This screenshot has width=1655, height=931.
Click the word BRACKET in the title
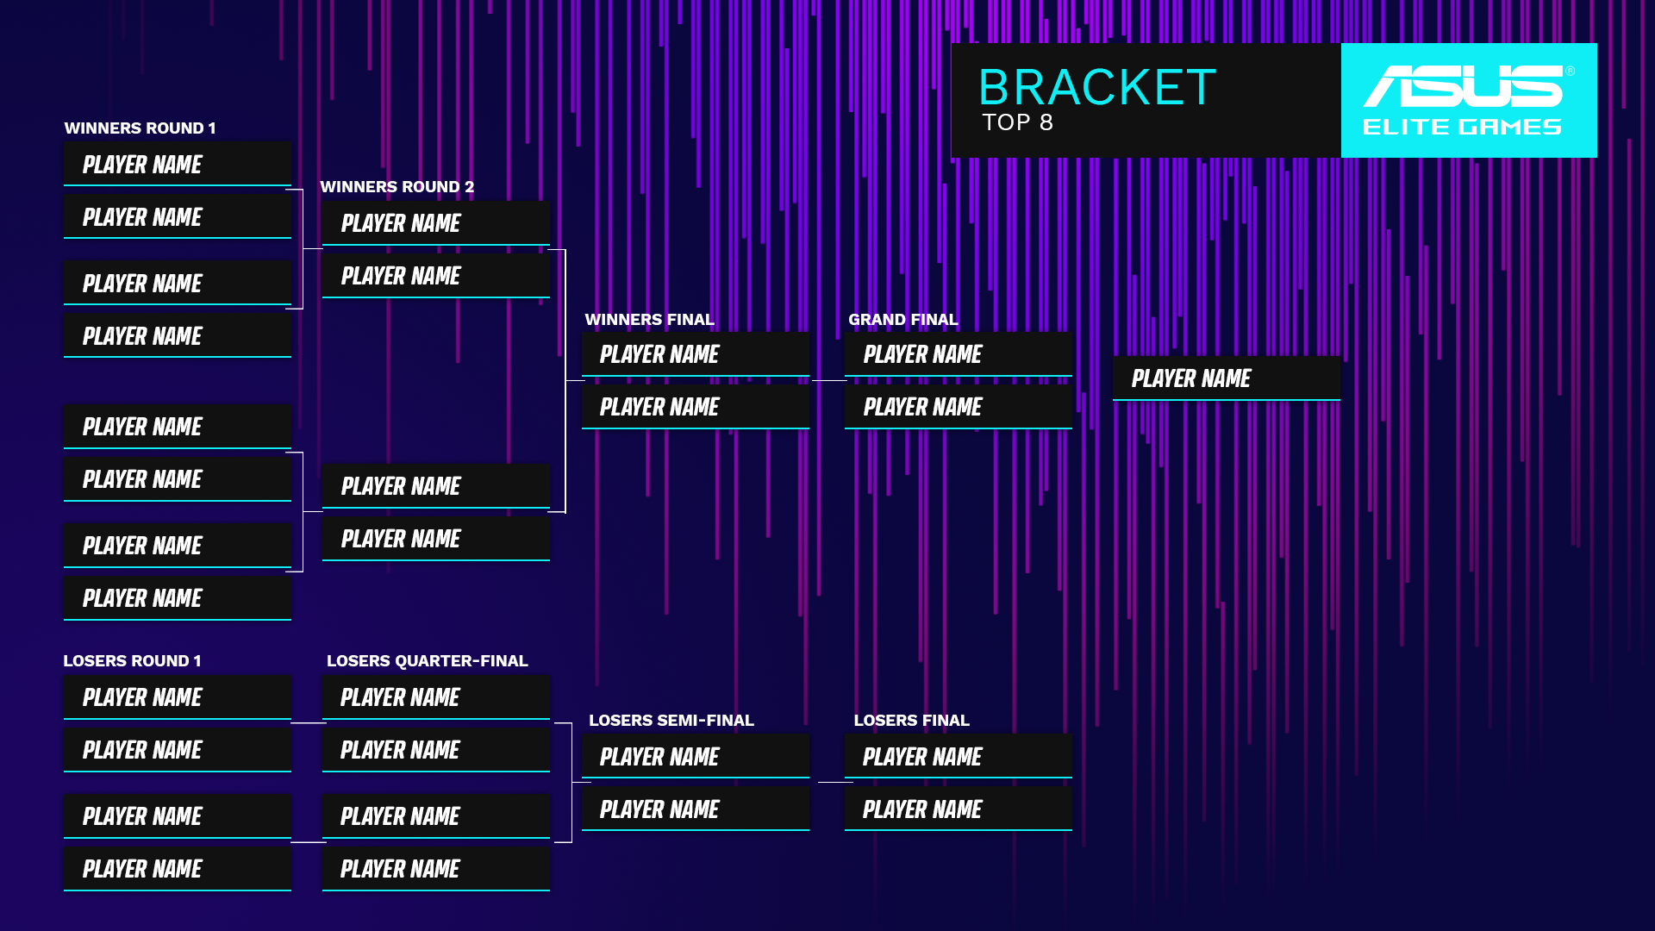pos(1096,88)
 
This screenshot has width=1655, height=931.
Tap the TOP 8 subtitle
pos(1017,122)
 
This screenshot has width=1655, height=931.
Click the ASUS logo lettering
pos(1462,86)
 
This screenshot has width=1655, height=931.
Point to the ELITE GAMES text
pos(1462,128)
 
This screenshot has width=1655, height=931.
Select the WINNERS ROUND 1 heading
pos(140,128)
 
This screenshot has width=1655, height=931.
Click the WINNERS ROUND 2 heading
pos(397,187)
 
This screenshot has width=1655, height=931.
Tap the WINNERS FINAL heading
pos(649,320)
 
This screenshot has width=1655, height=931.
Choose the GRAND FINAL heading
pos(902,320)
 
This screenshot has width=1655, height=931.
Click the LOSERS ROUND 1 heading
pos(132,661)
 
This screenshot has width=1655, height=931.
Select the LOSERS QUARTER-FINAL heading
pos(427,661)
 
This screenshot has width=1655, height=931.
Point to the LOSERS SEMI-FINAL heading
pos(671,721)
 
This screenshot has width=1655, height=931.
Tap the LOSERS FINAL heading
pos(911,721)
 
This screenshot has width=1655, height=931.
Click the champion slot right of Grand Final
pos(1226,378)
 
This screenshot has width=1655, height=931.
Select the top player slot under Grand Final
pos(958,354)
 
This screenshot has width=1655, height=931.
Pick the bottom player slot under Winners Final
pos(695,407)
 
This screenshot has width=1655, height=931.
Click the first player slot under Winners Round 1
pos(177,165)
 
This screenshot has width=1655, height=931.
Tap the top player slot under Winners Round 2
pos(435,223)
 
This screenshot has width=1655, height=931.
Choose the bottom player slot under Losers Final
pos(958,809)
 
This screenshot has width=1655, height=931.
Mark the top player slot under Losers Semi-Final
pos(695,757)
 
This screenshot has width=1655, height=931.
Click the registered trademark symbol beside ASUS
pos(1570,72)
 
